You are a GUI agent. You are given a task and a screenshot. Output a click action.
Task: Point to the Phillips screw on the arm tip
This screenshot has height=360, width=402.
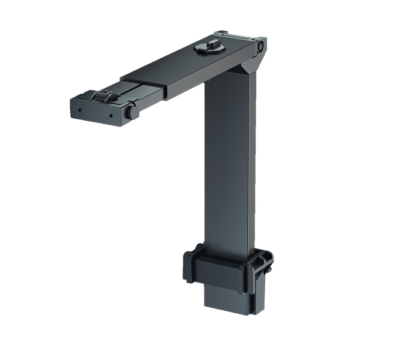coord(104,97)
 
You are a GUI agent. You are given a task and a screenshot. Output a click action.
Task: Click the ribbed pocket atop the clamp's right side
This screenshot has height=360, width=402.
coord(261,262)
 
